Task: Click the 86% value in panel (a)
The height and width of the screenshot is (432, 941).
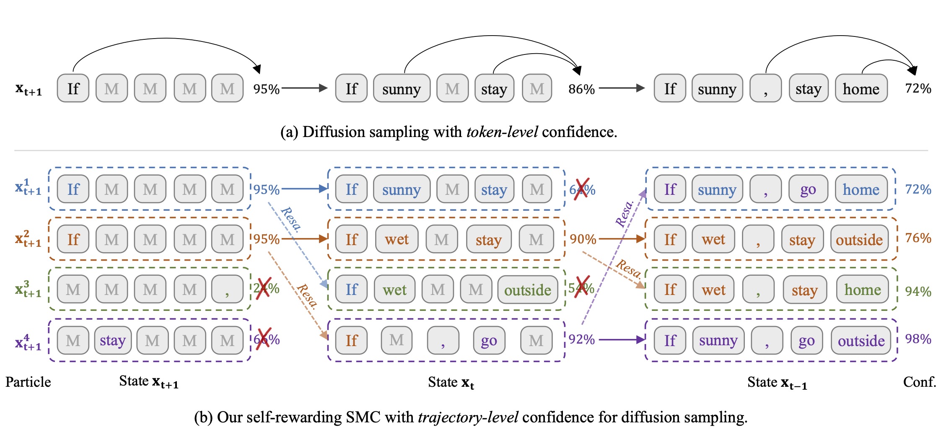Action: [x=581, y=89]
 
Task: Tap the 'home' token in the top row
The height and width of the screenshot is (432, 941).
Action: [x=861, y=89]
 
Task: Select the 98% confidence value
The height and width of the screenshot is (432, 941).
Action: [x=918, y=339]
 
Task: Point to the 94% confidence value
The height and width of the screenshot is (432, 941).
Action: [x=918, y=291]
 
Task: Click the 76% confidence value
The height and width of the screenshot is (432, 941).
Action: [x=918, y=238]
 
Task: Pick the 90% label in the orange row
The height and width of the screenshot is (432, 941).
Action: [x=583, y=239]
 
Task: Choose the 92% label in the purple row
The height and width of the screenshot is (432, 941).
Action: [x=582, y=339]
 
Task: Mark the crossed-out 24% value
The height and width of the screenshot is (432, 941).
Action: [x=266, y=288]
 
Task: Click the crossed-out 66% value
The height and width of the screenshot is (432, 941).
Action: [x=267, y=339]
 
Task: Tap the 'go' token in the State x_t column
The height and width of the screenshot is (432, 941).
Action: [x=489, y=341]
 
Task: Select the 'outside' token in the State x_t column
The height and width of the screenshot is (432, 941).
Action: [x=527, y=290]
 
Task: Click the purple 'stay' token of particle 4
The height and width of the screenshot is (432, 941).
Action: [x=112, y=340]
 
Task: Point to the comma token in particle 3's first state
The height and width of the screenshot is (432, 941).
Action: [x=227, y=290]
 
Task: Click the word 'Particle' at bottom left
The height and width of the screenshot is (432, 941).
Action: [x=28, y=382]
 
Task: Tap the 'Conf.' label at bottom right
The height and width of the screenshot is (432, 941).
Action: [x=919, y=382]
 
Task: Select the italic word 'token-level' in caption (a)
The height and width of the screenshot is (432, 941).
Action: [x=502, y=132]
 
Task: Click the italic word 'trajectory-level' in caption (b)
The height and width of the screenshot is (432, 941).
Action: [x=468, y=417]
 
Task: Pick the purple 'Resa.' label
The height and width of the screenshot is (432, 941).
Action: [x=625, y=214]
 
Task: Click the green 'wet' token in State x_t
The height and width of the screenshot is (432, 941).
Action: [x=394, y=290]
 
